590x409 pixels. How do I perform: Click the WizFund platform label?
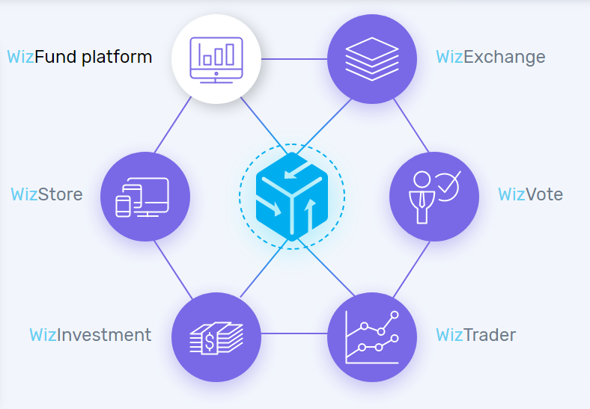79,57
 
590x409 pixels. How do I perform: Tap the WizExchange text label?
490,57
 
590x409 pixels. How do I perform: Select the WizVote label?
530,194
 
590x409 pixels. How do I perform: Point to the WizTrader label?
475,334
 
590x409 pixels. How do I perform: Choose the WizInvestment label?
90,334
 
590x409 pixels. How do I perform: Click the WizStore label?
46,194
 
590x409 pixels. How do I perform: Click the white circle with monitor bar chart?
216,58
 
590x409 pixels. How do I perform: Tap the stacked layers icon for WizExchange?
372,58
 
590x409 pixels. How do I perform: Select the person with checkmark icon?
434,197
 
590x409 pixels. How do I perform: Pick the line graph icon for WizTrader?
372,336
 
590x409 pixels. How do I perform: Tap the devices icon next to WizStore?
145,197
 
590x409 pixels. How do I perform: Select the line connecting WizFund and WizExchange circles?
294,58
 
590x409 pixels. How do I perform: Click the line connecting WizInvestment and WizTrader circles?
294,333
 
